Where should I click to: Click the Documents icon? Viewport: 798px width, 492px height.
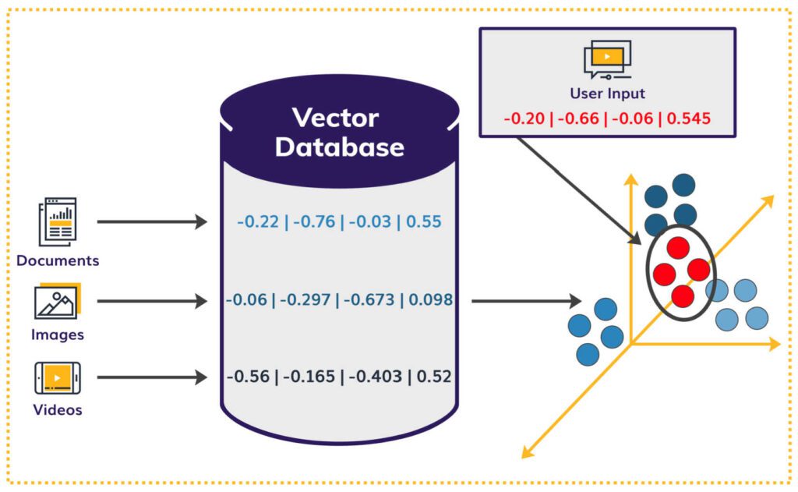pos(58,222)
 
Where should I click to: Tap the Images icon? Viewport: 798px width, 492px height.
pos(56,302)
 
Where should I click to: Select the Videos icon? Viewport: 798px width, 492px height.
pos(58,378)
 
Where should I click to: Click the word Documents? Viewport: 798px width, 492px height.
pos(58,260)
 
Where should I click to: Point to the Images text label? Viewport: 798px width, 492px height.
pos(58,335)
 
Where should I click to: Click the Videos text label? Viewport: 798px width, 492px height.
pos(58,409)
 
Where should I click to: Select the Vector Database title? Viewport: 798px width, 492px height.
pos(339,133)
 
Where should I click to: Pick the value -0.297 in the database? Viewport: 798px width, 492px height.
pos(305,299)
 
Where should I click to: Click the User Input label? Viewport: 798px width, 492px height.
pos(607,94)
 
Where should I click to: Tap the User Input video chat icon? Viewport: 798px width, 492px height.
pos(606,59)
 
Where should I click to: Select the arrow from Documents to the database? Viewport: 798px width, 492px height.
pos(152,222)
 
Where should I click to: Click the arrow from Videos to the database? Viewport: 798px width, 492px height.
pos(152,378)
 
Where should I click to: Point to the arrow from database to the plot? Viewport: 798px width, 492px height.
pos(526,300)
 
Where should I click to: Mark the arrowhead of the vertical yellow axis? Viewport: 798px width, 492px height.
pos(630,181)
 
